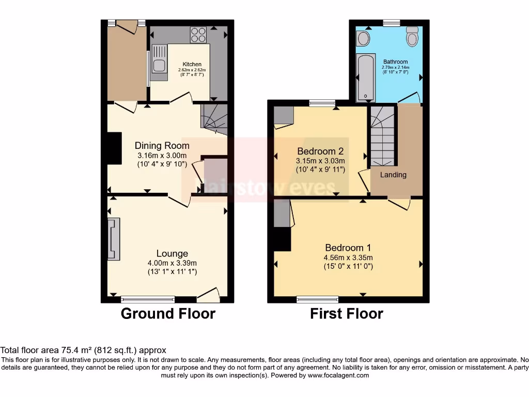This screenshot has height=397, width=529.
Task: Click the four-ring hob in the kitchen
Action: click(x=198, y=34)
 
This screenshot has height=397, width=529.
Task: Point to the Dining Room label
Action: click(x=162, y=146)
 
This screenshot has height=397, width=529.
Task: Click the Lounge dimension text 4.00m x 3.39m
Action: click(x=172, y=263)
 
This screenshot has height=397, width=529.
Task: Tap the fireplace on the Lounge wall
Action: click(x=113, y=238)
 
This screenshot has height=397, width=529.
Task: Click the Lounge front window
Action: click(x=148, y=299)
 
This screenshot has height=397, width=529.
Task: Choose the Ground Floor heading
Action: click(x=168, y=313)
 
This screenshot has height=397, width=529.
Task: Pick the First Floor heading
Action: click(x=347, y=313)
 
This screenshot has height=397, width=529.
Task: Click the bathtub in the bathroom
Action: click(x=365, y=77)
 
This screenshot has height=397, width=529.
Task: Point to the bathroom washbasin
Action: click(x=363, y=38)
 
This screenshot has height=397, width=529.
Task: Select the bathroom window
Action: click(x=392, y=22)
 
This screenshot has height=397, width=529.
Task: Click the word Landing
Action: click(x=393, y=175)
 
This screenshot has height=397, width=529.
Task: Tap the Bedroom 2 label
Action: click(x=320, y=151)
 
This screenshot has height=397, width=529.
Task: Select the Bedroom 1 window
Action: click(x=318, y=299)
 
